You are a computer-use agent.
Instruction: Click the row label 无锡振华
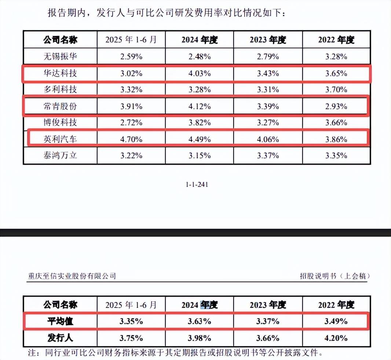pos(60,57)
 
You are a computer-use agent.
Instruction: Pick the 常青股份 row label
pos(60,106)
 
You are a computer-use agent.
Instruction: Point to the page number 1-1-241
pos(197,185)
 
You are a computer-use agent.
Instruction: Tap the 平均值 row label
pos(60,322)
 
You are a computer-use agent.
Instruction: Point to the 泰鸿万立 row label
pos(60,155)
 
